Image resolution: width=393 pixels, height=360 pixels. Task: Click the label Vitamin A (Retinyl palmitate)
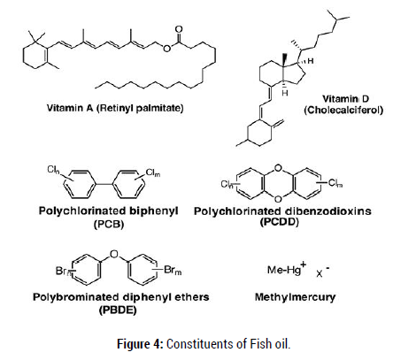click(x=115, y=108)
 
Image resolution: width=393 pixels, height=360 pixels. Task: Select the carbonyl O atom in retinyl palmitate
click(x=179, y=30)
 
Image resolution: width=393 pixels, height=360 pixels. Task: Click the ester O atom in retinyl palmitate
click(x=167, y=49)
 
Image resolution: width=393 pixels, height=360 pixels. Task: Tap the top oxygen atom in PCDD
click(x=278, y=168)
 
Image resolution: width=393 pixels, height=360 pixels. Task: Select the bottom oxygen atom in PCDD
click(x=278, y=200)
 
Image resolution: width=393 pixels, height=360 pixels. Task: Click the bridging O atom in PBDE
click(x=114, y=254)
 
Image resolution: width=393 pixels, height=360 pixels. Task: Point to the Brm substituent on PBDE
click(x=173, y=271)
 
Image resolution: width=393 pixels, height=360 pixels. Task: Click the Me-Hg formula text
click(x=286, y=269)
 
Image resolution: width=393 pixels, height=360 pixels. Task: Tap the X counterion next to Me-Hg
click(x=320, y=273)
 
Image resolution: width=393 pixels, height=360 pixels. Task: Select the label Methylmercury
click(x=295, y=297)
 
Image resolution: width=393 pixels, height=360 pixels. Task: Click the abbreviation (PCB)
click(x=109, y=225)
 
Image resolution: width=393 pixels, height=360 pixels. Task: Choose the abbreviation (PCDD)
click(x=280, y=221)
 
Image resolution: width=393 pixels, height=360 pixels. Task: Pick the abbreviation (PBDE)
click(x=118, y=310)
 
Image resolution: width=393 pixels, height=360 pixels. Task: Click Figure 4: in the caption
click(x=140, y=344)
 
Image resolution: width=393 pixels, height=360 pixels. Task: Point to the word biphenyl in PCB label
click(x=154, y=211)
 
